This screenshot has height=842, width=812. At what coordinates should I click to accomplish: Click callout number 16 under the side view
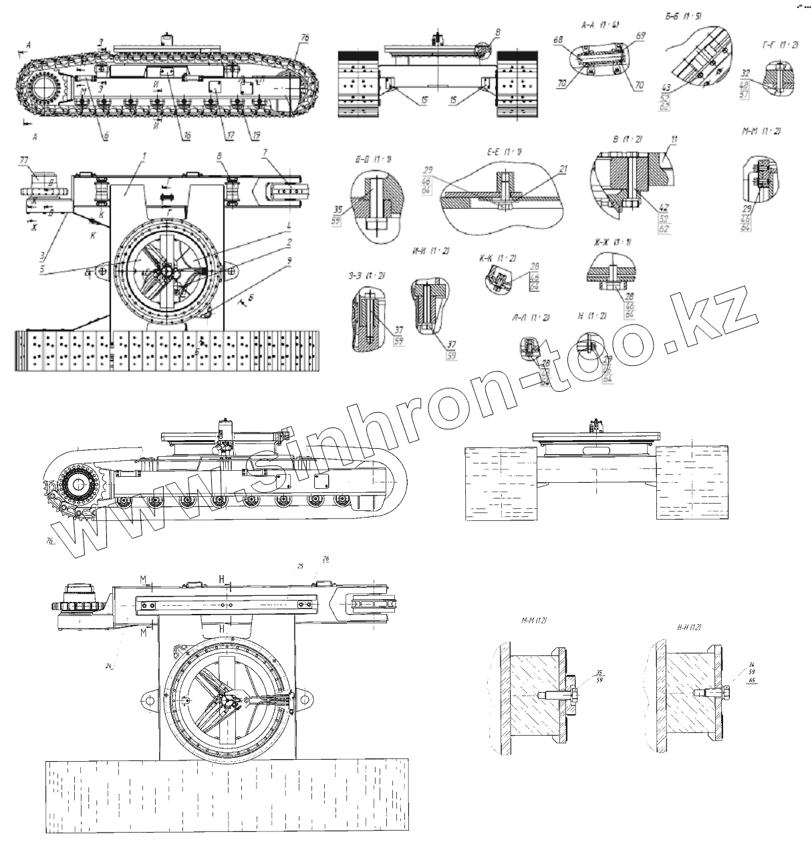point(186,135)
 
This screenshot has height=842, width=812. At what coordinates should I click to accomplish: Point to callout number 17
point(230,135)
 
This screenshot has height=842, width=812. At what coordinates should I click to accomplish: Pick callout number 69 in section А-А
point(641,34)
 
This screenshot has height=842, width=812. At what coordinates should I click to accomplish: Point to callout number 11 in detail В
point(674,139)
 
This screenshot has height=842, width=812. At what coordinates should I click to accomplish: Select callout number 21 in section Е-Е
point(563,171)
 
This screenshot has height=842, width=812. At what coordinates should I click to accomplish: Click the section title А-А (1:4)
point(601,25)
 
